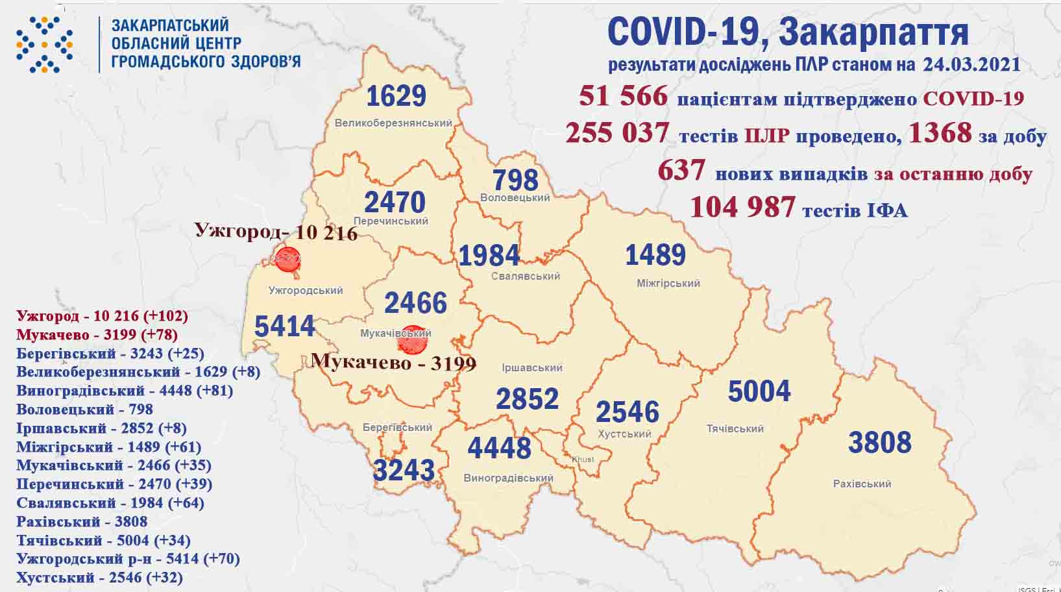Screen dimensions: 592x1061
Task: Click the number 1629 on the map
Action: tap(396, 96)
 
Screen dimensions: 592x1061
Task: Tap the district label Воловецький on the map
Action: tap(515, 197)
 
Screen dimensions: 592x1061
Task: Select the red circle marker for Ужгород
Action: tap(287, 259)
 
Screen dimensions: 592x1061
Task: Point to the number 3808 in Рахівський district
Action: tap(880, 442)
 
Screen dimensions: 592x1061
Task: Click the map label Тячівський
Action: tap(735, 428)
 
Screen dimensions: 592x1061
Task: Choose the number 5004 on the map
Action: tap(759, 391)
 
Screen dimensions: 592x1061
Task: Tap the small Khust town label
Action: tap(582, 460)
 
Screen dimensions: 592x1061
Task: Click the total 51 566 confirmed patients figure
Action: tap(623, 96)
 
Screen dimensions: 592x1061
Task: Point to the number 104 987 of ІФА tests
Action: tap(742, 207)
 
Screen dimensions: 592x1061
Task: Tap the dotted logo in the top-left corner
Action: tap(44, 44)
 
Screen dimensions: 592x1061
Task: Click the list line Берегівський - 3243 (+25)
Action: tap(110, 353)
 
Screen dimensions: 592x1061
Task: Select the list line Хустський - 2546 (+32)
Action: tap(99, 577)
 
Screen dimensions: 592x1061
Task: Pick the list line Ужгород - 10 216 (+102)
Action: tap(102, 316)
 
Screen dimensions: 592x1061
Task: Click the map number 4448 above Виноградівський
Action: tap(499, 448)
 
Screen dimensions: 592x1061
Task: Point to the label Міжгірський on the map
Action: tap(668, 283)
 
